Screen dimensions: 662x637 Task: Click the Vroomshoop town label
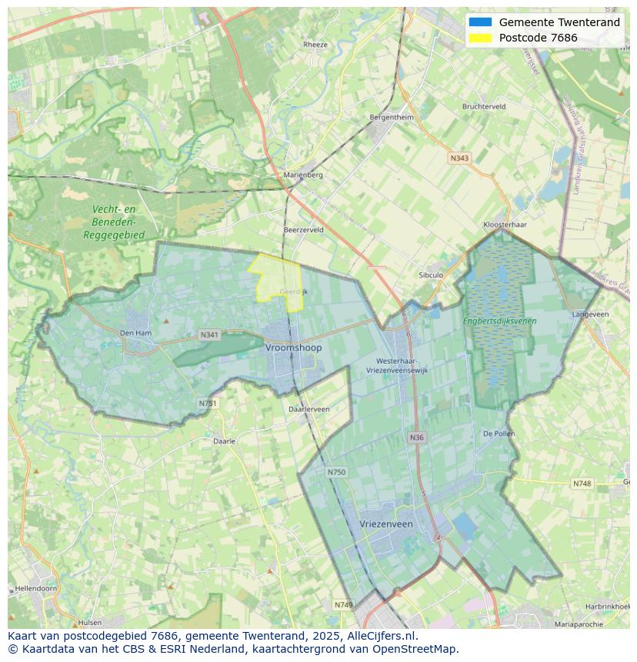coord(294,348)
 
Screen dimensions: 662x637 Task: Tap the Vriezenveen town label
coord(386,524)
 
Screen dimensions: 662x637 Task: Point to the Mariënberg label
coord(303,175)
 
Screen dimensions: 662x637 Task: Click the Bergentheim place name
coord(392,117)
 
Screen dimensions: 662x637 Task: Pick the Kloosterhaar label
coord(505,225)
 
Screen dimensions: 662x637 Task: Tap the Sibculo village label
coord(431,274)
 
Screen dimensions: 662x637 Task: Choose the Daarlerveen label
coord(308,409)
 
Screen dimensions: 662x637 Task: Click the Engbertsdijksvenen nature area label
coord(500,321)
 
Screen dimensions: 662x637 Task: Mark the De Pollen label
coord(499,434)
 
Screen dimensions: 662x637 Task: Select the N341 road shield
coord(209,335)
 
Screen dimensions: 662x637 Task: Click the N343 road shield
coord(459,158)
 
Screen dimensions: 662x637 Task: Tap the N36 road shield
coord(416,437)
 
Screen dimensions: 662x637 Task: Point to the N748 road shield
coord(582,484)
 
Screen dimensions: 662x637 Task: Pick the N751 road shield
coord(206,403)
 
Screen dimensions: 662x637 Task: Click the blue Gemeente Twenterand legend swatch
coord(480,22)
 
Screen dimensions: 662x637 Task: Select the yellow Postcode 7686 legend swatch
coord(480,38)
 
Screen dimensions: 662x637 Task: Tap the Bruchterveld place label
coord(484,106)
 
